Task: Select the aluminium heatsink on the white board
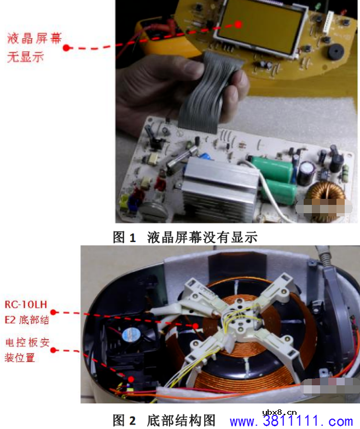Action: (219, 189)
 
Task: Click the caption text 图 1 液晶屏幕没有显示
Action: (185, 237)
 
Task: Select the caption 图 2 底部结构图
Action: (164, 420)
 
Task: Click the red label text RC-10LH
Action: (26, 304)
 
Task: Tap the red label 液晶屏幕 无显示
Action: (34, 48)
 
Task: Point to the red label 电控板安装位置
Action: (27, 350)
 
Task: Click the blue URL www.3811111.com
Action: (291, 421)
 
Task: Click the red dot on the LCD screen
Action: (239, 25)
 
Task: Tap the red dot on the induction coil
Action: (195, 326)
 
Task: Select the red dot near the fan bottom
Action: (131, 379)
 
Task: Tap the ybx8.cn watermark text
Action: (280, 412)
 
